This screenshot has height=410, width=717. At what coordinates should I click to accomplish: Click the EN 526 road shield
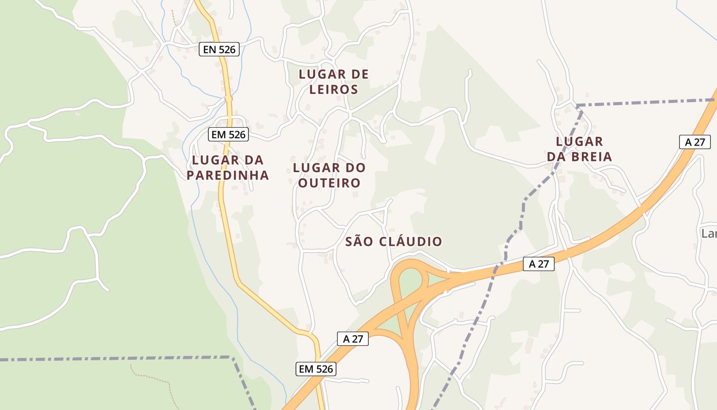pyautogui.click(x=219, y=49)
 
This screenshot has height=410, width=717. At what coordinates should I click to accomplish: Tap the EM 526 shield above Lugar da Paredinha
pyautogui.click(x=228, y=135)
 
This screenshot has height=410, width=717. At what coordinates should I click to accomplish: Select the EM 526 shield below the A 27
pyautogui.click(x=316, y=368)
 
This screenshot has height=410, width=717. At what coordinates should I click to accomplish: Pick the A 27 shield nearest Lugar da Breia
pyautogui.click(x=694, y=142)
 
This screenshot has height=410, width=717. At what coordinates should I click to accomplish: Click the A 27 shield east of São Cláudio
pyautogui.click(x=539, y=264)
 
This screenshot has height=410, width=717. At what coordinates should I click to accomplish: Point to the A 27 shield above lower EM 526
pyautogui.click(x=353, y=339)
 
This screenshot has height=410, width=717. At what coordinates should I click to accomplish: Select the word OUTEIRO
pyautogui.click(x=329, y=182)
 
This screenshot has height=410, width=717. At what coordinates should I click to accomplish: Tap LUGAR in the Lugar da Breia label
pyautogui.click(x=579, y=141)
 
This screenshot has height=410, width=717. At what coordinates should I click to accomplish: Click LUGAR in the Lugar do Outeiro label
pyautogui.click(x=316, y=168)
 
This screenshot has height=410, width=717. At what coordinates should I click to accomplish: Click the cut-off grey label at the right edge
pyautogui.click(x=709, y=234)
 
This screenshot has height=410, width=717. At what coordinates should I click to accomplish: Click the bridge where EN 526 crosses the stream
pyautogui.click(x=228, y=98)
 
